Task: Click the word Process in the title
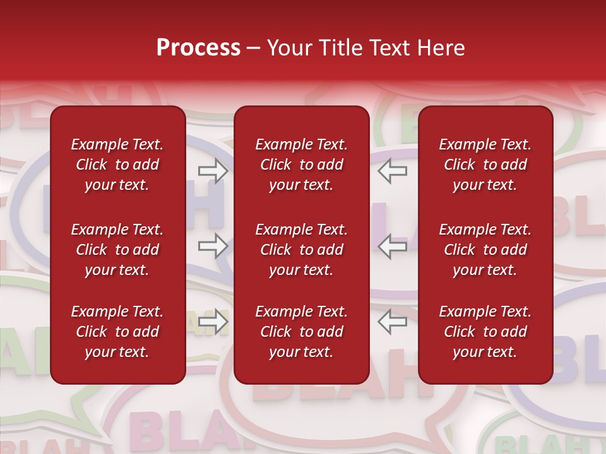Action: (198, 48)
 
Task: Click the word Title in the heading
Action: (339, 48)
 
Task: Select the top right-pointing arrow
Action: (213, 170)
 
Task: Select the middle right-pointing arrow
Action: (213, 246)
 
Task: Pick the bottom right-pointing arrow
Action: (213, 321)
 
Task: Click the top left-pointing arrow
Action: (393, 170)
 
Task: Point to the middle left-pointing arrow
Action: (393, 246)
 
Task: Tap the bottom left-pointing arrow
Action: (393, 321)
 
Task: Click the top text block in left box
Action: (117, 165)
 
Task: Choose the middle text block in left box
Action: (117, 250)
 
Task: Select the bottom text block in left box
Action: (117, 332)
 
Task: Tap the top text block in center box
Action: (301, 165)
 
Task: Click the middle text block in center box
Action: (301, 250)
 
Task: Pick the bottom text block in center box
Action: (301, 332)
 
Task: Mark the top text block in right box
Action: (485, 165)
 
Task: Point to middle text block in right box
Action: (485, 250)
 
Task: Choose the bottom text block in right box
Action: (485, 332)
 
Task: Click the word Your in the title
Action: (290, 48)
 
